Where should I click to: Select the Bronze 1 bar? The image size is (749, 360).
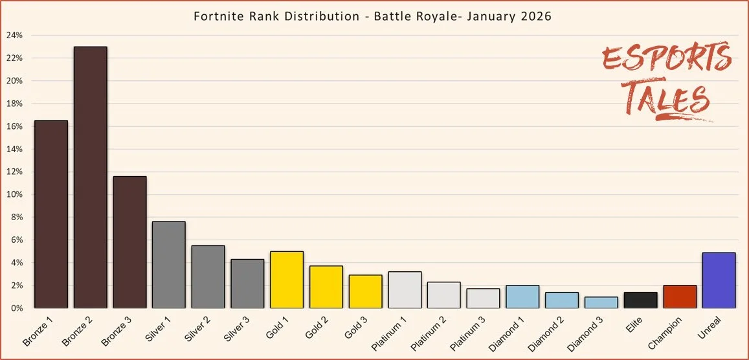[51, 214]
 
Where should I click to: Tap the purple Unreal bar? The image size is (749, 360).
[719, 280]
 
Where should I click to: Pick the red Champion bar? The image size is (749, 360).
[679, 297]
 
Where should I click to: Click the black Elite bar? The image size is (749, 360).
[640, 300]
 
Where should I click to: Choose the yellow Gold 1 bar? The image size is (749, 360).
[287, 279]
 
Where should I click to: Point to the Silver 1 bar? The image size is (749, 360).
[169, 264]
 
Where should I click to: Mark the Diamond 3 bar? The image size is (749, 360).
[601, 302]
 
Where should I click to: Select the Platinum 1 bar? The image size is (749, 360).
[405, 289]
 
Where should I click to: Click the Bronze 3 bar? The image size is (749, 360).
[129, 242]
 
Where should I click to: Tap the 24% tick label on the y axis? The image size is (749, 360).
[15, 36]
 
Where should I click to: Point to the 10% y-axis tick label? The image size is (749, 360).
[15, 195]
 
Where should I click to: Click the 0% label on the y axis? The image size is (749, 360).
[17, 308]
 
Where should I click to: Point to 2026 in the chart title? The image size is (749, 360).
[537, 16]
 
